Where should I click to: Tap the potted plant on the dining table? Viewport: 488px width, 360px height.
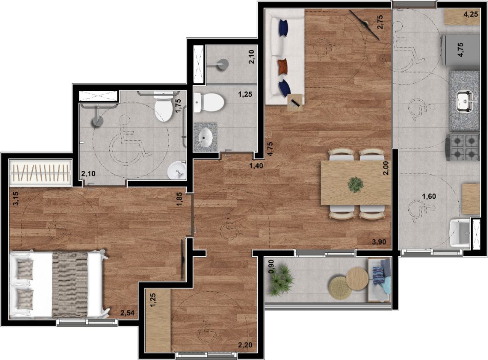pos(356,185)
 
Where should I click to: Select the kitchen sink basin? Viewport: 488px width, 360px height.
pos(466,101)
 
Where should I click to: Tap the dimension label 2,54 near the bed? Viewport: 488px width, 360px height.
pos(127,313)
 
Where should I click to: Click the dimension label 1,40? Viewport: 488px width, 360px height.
pos(256,166)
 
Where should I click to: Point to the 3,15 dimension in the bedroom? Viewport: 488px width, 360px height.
pos(16,199)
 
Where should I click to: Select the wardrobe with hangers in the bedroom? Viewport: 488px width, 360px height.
pos(40,173)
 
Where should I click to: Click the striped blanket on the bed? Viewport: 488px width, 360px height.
pos(70,284)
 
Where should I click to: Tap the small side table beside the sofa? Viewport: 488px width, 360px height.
pos(295,103)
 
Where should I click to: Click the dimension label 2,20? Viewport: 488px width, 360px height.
pos(245,345)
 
